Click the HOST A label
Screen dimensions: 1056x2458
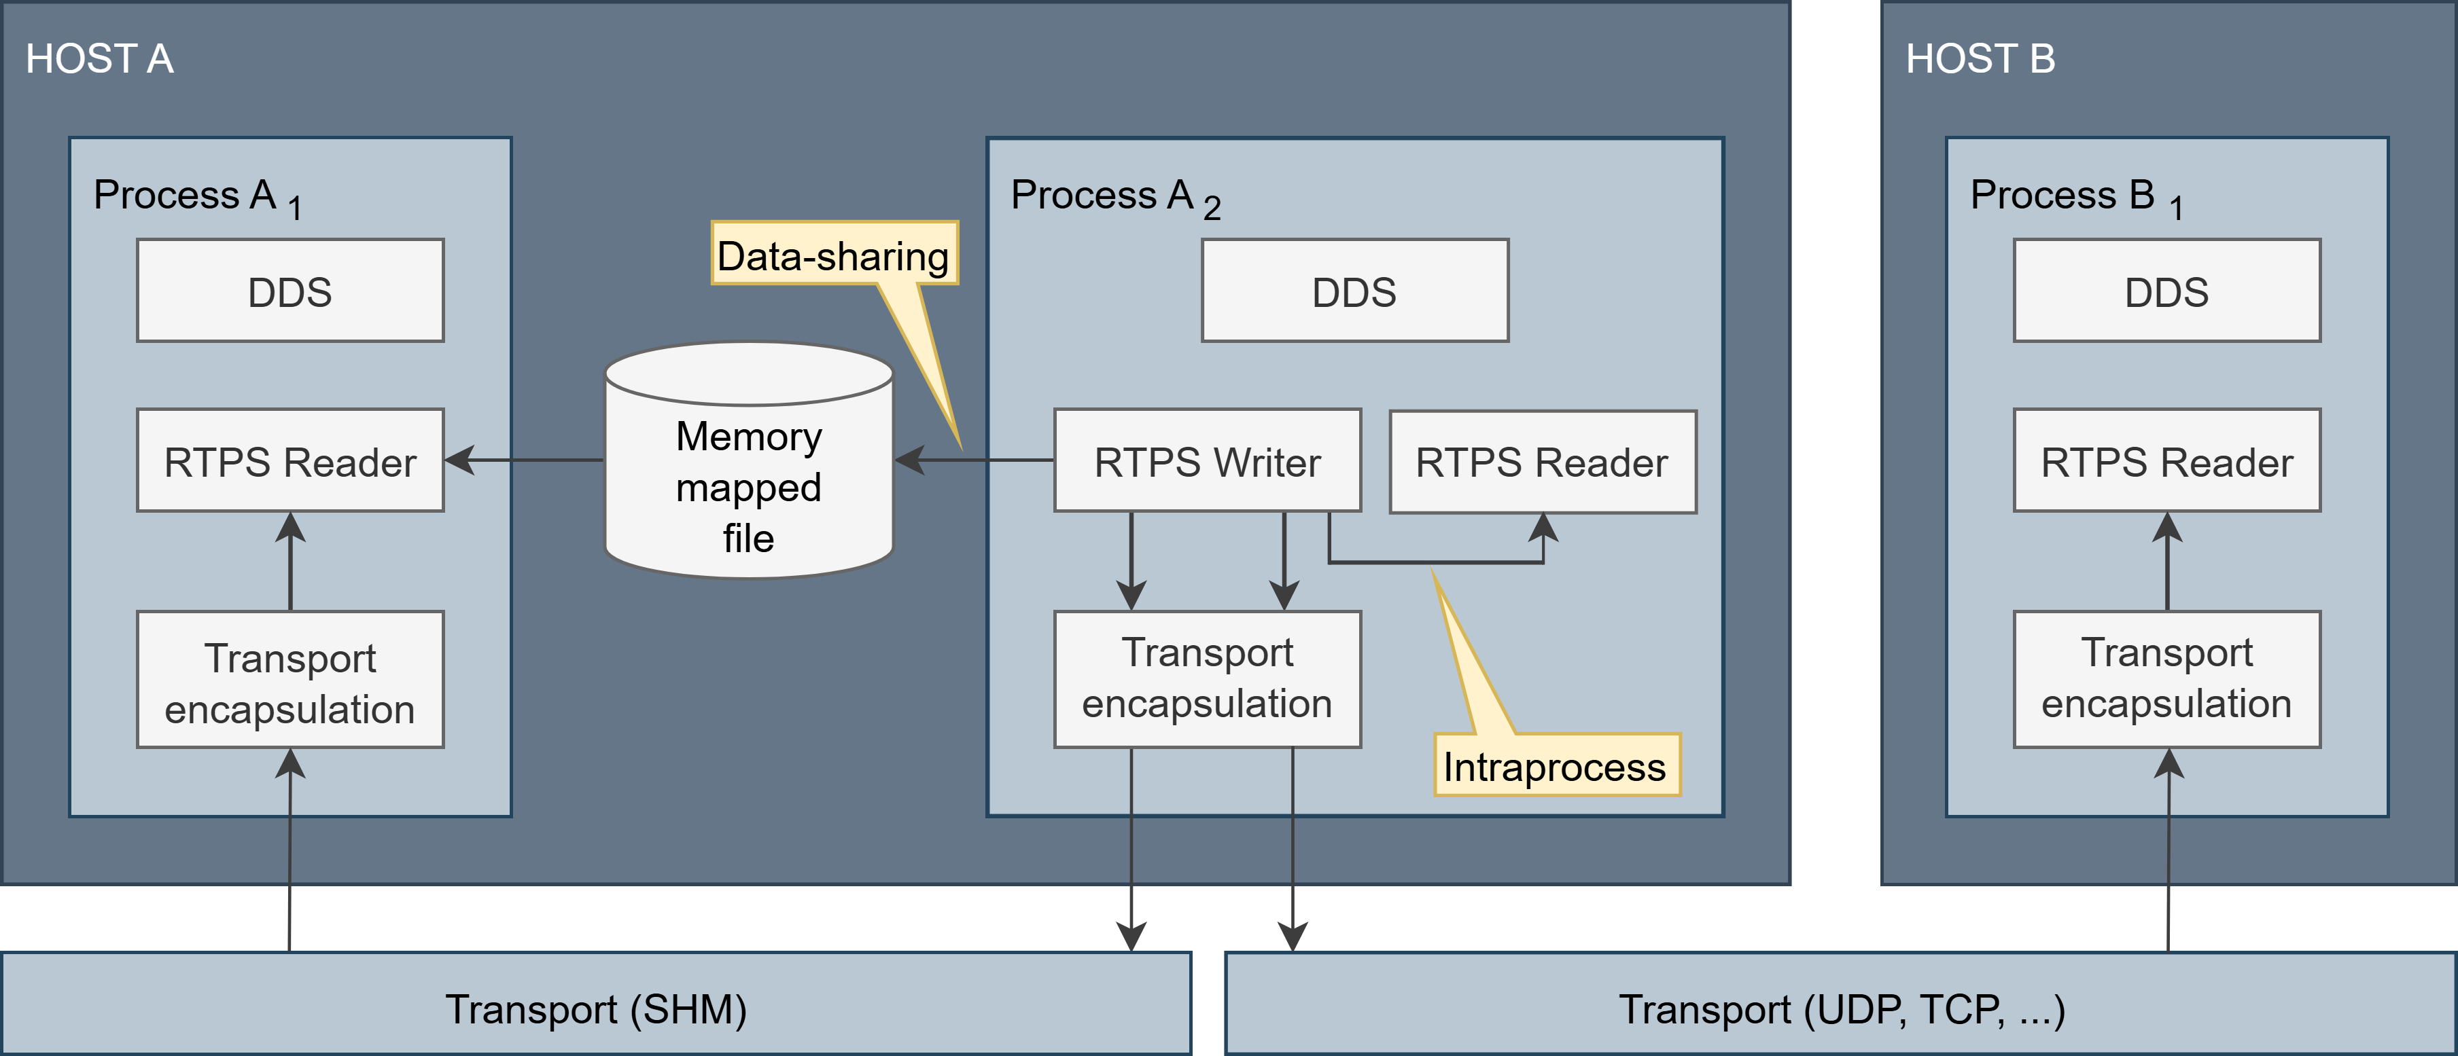click(x=99, y=59)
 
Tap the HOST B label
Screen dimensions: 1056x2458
click(x=1980, y=59)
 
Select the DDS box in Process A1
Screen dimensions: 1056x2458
click(x=290, y=291)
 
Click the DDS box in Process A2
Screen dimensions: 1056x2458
click(x=1354, y=291)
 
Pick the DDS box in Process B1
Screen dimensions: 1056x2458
click(x=2166, y=291)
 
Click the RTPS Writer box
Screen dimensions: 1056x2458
click(x=1207, y=462)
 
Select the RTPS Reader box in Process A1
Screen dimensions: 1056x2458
click(x=290, y=462)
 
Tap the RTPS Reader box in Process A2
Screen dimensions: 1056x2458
click(x=1542, y=462)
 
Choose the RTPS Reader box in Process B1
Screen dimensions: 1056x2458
click(x=2166, y=462)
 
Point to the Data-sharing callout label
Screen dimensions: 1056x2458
click(x=833, y=255)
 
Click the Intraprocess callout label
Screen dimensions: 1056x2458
click(x=1556, y=766)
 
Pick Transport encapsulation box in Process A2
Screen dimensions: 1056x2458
click(x=1207, y=679)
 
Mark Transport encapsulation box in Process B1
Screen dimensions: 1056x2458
click(x=2166, y=679)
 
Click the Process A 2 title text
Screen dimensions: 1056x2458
click(x=1114, y=196)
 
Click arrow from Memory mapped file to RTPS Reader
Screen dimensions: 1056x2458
click(x=525, y=460)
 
